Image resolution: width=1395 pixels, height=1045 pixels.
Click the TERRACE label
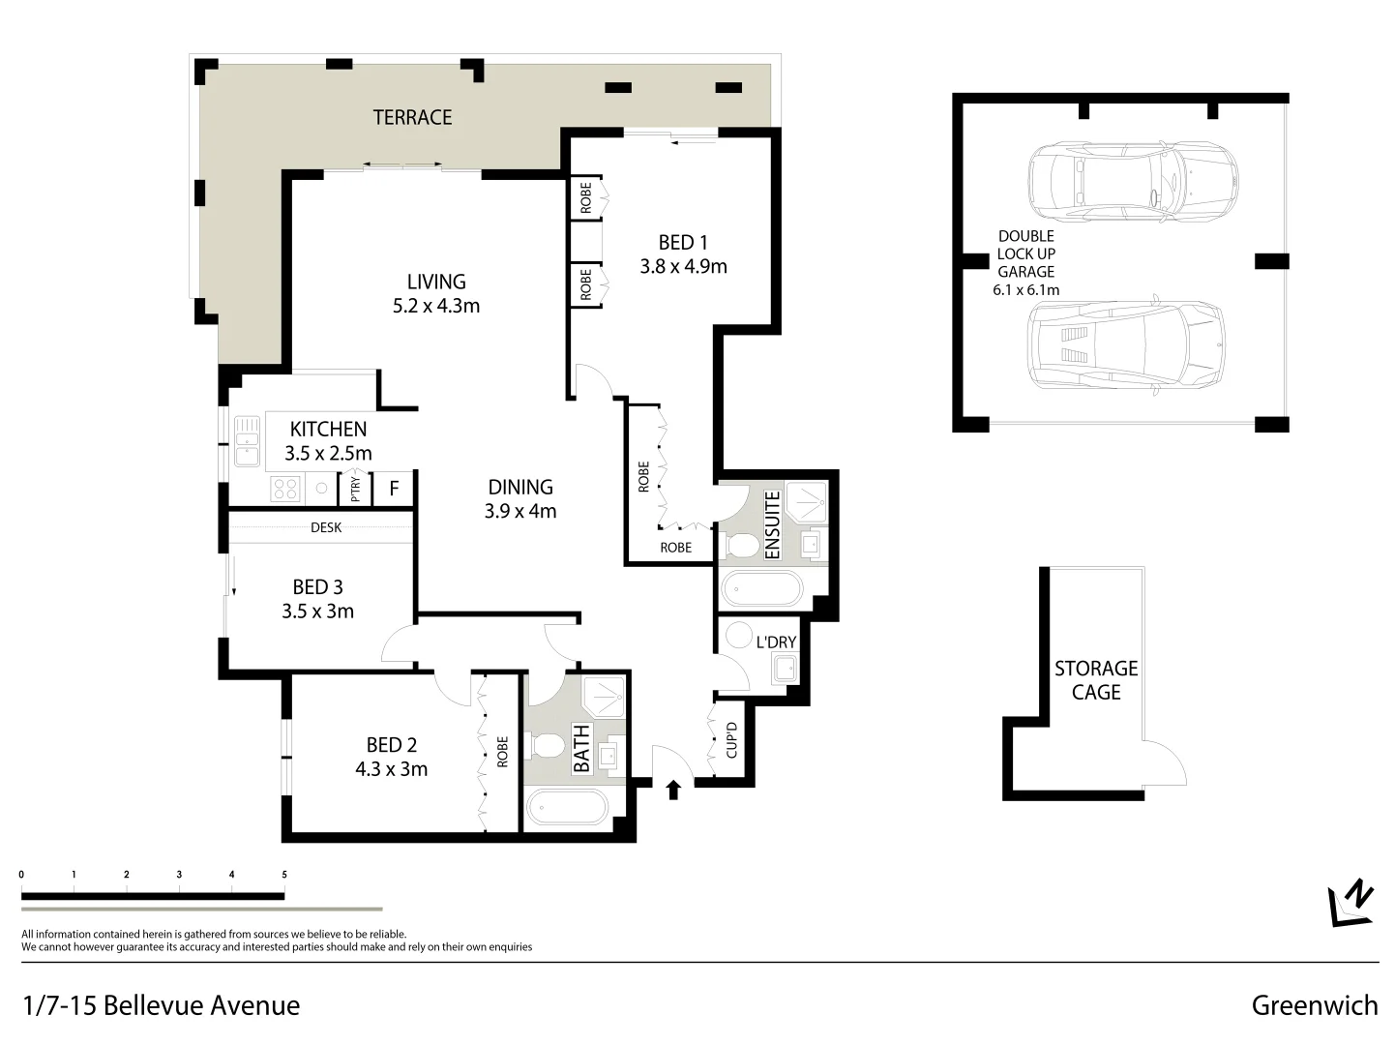point(412,117)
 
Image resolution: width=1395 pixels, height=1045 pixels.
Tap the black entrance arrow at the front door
point(674,791)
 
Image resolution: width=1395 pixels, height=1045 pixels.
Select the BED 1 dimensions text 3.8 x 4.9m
point(683,266)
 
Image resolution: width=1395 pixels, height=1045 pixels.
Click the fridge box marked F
point(394,489)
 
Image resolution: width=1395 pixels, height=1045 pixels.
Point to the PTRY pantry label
point(355,490)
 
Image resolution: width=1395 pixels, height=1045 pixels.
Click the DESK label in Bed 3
point(326,528)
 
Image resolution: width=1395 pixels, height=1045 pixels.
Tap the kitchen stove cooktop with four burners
point(285,489)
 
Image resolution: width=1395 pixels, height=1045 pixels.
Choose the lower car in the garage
point(1125,343)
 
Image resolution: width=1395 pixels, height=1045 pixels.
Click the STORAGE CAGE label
point(1095,680)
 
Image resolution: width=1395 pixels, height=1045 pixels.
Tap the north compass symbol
point(1352,903)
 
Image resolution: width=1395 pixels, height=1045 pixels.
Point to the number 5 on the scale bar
point(284,875)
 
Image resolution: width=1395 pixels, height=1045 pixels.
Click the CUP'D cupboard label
point(731,740)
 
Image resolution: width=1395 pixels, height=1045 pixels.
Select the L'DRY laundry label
point(776,642)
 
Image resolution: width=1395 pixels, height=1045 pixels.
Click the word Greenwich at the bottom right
point(1314,1005)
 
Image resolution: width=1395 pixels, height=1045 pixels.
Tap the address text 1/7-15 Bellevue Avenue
point(161,1005)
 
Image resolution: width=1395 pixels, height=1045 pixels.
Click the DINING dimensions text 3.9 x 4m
point(520,511)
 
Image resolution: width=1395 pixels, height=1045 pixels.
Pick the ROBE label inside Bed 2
point(502,752)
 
